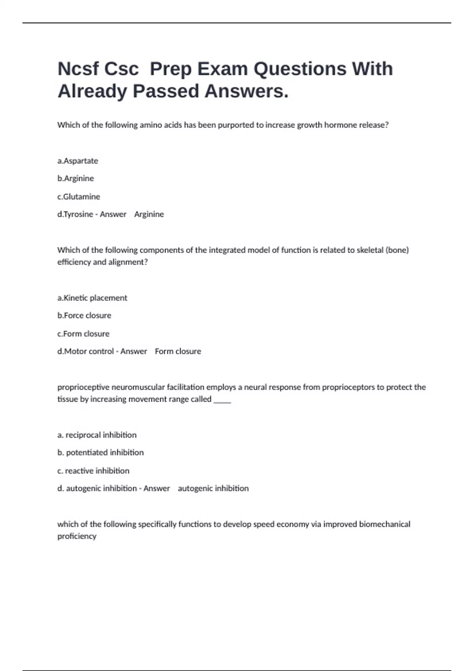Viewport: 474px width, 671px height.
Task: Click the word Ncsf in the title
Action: pyautogui.click(x=78, y=69)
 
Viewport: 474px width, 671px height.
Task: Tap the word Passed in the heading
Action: pyautogui.click(x=166, y=91)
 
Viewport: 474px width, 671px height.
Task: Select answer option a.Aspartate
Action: pyautogui.click(x=77, y=161)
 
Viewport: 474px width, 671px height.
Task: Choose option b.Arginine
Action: pyautogui.click(x=75, y=178)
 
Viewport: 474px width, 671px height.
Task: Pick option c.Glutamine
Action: pyautogui.click(x=79, y=197)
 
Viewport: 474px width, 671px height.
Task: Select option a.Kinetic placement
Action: pyautogui.click(x=92, y=298)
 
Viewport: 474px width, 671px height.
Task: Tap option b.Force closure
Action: pyautogui.click(x=84, y=315)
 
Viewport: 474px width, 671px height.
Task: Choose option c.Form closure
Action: pyautogui.click(x=83, y=334)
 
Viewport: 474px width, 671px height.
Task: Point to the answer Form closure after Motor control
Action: pyautogui.click(x=178, y=351)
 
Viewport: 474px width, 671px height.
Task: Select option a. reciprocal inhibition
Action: pyautogui.click(x=97, y=435)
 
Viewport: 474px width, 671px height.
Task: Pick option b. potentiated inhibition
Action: pyautogui.click(x=100, y=452)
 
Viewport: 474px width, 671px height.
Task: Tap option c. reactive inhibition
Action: pyautogui.click(x=93, y=470)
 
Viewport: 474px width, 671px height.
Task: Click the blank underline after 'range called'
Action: pyautogui.click(x=222, y=400)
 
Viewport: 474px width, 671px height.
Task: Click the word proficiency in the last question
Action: pyautogui.click(x=77, y=536)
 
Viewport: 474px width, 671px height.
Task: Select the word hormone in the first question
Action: pyautogui.click(x=340, y=125)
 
